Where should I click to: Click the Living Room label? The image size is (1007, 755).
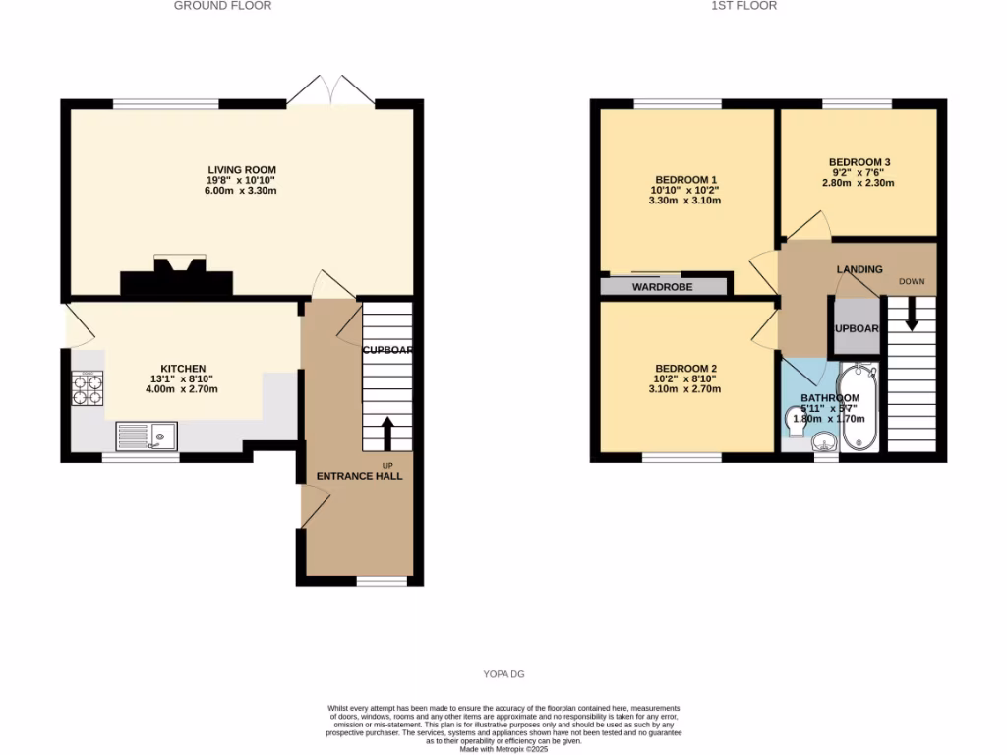pyautogui.click(x=241, y=170)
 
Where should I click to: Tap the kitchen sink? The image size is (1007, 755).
pyautogui.click(x=146, y=435)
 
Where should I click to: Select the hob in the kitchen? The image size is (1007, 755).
pyautogui.click(x=88, y=390)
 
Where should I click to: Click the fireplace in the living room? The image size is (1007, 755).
pyautogui.click(x=177, y=278)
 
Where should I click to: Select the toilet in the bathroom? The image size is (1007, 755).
pyautogui.click(x=796, y=420)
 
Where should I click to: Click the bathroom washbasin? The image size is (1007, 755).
pyautogui.click(x=825, y=445)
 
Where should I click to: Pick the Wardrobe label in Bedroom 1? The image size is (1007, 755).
pyautogui.click(x=662, y=287)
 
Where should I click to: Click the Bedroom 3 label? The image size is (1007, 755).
pyautogui.click(x=859, y=162)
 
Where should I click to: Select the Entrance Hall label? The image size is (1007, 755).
pyautogui.click(x=359, y=476)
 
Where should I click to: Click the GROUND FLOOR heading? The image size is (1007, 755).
pyautogui.click(x=222, y=6)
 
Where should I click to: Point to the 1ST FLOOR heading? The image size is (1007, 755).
pyautogui.click(x=743, y=6)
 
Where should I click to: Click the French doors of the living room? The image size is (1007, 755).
pyautogui.click(x=331, y=91)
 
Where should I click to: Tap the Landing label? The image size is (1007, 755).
pyautogui.click(x=859, y=269)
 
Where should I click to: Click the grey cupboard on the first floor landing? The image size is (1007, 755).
pyautogui.click(x=856, y=328)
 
